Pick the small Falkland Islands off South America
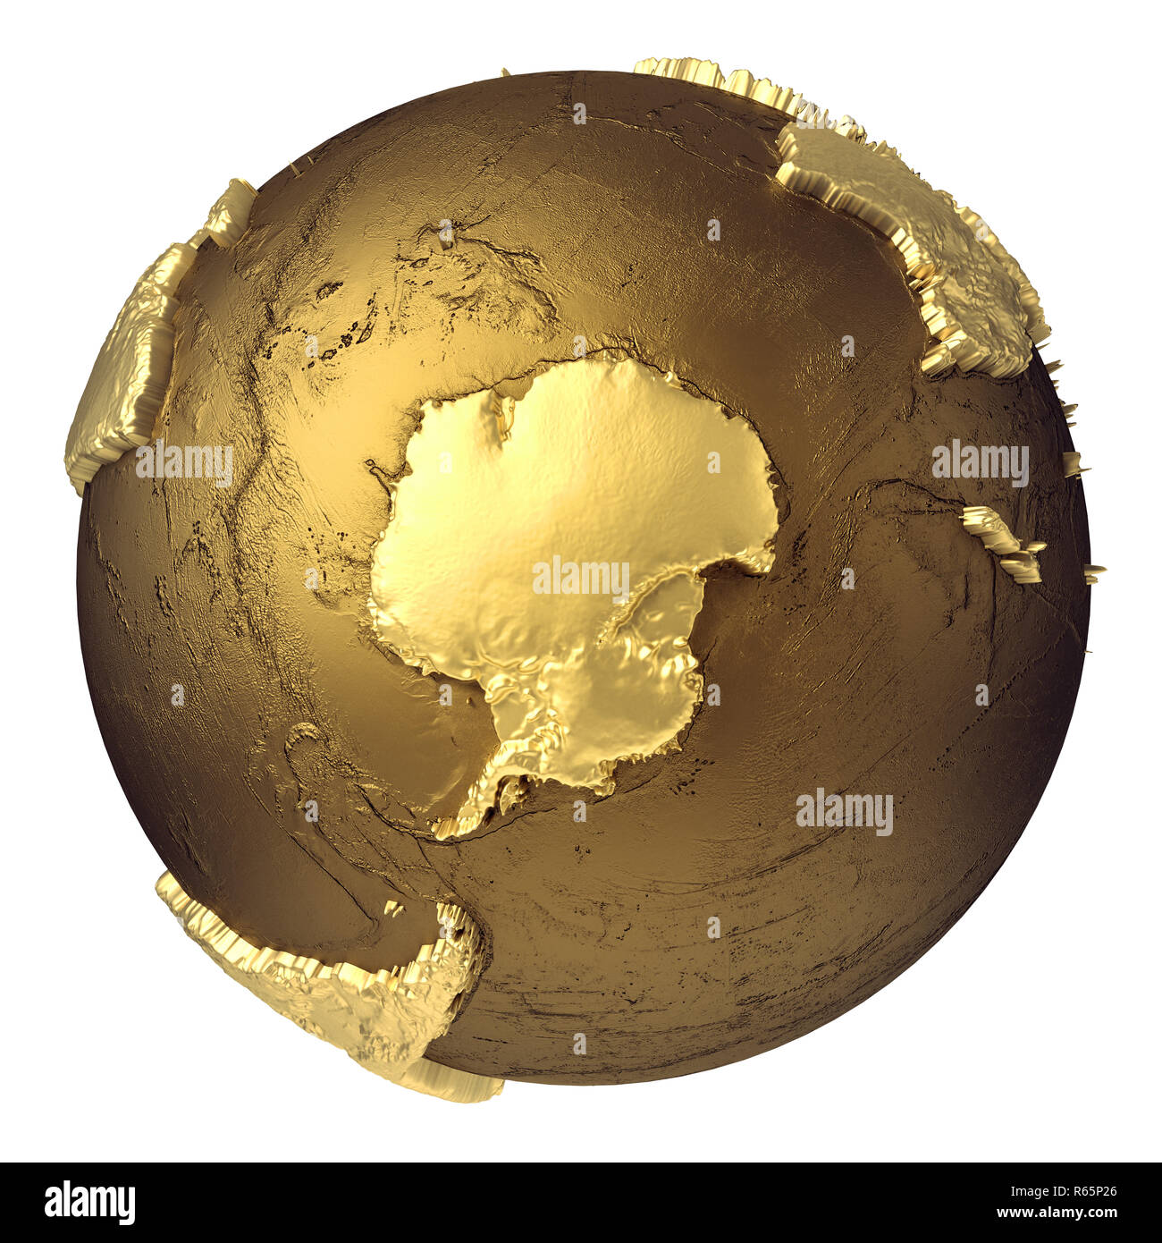tap(393, 908)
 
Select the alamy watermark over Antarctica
tap(581, 577)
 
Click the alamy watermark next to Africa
tap(184, 462)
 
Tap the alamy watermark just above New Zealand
tap(980, 462)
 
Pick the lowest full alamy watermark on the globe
tap(844, 811)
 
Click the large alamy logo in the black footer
tap(89, 1203)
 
